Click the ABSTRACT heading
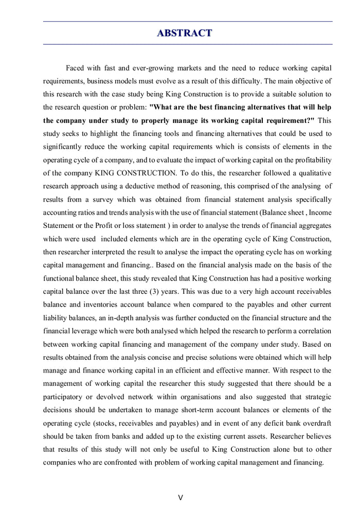pos(184,33)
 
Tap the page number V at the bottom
pos(180,498)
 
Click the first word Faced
pos(75,68)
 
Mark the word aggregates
pos(312,226)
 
